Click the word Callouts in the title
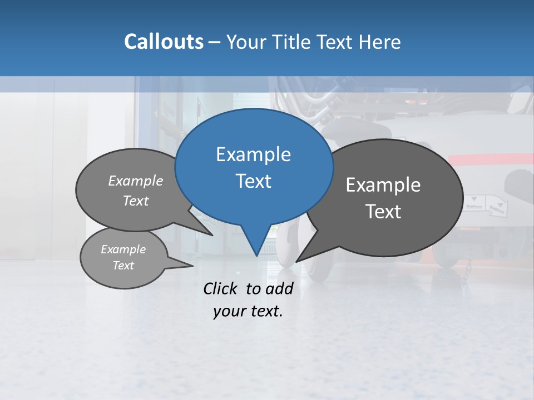(x=164, y=42)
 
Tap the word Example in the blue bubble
(x=253, y=154)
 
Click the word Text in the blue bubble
(x=253, y=181)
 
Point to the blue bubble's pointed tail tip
(x=256, y=256)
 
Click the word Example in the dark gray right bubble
(x=383, y=185)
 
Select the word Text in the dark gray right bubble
(x=383, y=212)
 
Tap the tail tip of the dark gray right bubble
(x=296, y=261)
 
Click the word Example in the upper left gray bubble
(x=136, y=181)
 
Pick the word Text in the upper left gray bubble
(x=136, y=201)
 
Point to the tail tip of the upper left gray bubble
(x=212, y=235)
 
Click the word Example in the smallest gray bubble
(x=123, y=249)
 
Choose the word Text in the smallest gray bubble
(x=123, y=266)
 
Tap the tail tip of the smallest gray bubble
(x=193, y=266)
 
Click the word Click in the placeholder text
(x=221, y=288)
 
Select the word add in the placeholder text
(x=279, y=288)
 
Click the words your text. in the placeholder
(x=248, y=311)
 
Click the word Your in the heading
(x=246, y=42)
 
